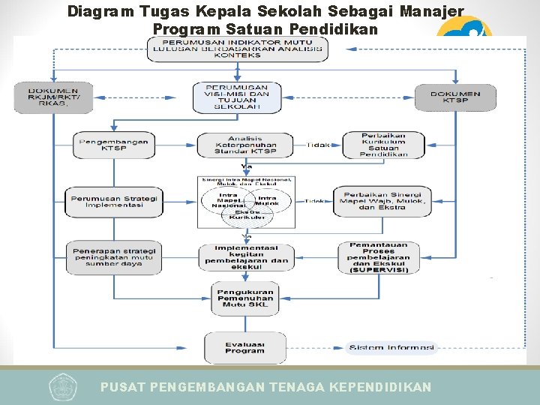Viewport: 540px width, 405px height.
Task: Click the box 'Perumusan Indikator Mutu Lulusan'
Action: pyautogui.click(x=236, y=49)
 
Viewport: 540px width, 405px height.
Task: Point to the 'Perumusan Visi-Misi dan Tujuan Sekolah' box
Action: pyautogui.click(x=237, y=97)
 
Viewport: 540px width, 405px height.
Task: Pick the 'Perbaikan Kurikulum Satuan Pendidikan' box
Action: pyautogui.click(x=383, y=145)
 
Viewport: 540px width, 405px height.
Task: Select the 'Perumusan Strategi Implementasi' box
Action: pyautogui.click(x=114, y=201)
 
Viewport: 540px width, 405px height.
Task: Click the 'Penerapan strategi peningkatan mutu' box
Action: pyautogui.click(x=113, y=256)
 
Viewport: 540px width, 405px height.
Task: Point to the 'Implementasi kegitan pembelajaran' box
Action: pyautogui.click(x=245, y=256)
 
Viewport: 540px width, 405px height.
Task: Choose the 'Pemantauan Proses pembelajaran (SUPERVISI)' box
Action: pyautogui.click(x=379, y=256)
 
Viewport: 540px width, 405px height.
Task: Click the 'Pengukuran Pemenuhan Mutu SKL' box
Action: pyautogui.click(x=245, y=298)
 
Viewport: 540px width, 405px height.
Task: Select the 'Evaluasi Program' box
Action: pyautogui.click(x=244, y=347)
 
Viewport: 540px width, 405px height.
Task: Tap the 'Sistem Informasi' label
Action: pyautogui.click(x=387, y=348)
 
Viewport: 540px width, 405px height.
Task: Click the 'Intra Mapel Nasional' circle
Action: pyautogui.click(x=226, y=200)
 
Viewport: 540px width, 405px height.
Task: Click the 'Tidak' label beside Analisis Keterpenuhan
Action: pyautogui.click(x=318, y=145)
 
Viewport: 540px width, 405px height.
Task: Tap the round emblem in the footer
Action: pyautogui.click(x=63, y=387)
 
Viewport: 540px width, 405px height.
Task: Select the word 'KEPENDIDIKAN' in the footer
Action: pyautogui.click(x=382, y=387)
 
